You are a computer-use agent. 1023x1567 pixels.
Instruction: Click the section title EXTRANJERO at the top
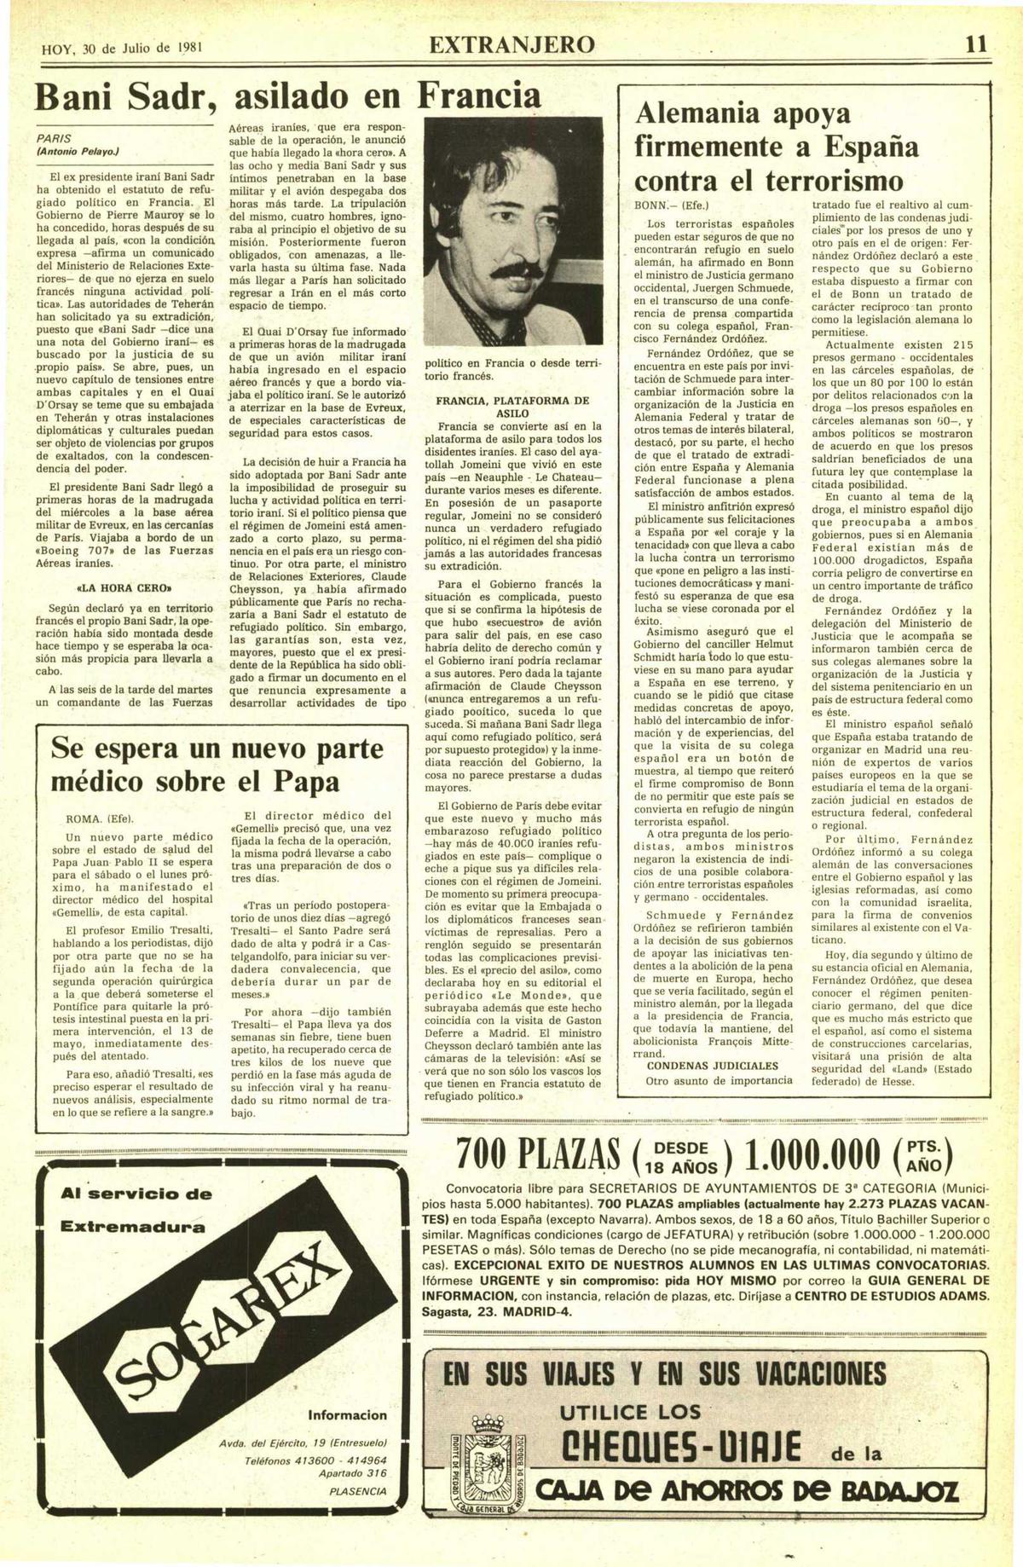click(511, 45)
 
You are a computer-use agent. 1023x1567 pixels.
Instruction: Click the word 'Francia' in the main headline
click(478, 95)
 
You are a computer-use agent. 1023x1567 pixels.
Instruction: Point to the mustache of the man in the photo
click(518, 272)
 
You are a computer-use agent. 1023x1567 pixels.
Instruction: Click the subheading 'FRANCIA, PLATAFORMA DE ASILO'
click(512, 406)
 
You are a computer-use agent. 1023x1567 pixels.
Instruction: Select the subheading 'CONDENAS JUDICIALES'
click(712, 1065)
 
